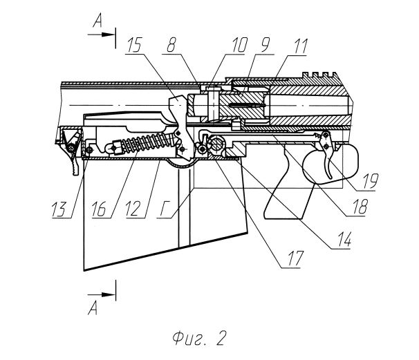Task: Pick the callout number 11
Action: pyautogui.click(x=301, y=46)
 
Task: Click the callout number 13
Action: pyautogui.click(x=59, y=209)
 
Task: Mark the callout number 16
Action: pyautogui.click(x=99, y=209)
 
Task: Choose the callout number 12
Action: pyautogui.click(x=133, y=209)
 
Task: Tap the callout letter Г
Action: pyautogui.click(x=164, y=209)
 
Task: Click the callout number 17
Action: pyautogui.click(x=295, y=258)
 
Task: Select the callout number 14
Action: pyautogui.click(x=345, y=239)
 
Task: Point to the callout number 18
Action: pyautogui.click(x=360, y=207)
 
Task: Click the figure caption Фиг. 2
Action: pyautogui.click(x=200, y=339)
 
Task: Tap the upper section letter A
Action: pyautogui.click(x=97, y=21)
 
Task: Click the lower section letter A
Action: pyautogui.click(x=93, y=308)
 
